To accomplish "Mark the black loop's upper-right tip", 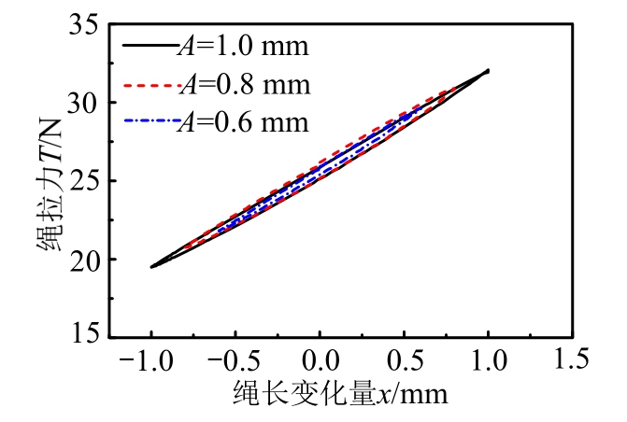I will point(487,71).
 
